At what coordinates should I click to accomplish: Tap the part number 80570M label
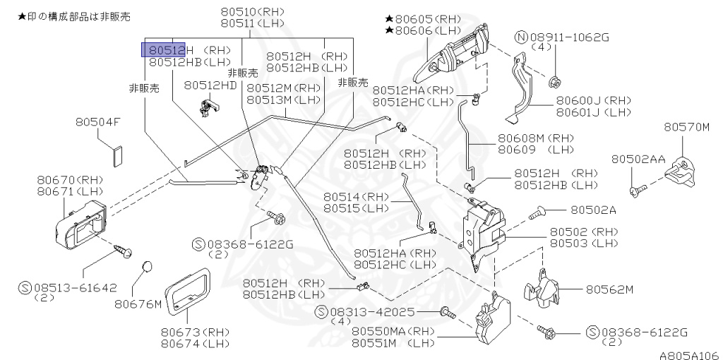[x=686, y=128]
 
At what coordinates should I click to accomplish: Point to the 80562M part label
[x=609, y=289]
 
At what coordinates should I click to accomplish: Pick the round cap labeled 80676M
[x=147, y=267]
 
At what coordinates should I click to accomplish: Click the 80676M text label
[x=138, y=305]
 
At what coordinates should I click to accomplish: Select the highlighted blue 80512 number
[x=164, y=49]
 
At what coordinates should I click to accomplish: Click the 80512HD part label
[x=211, y=85]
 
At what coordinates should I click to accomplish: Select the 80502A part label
[x=593, y=210]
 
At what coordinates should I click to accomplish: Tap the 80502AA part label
[x=638, y=160]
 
